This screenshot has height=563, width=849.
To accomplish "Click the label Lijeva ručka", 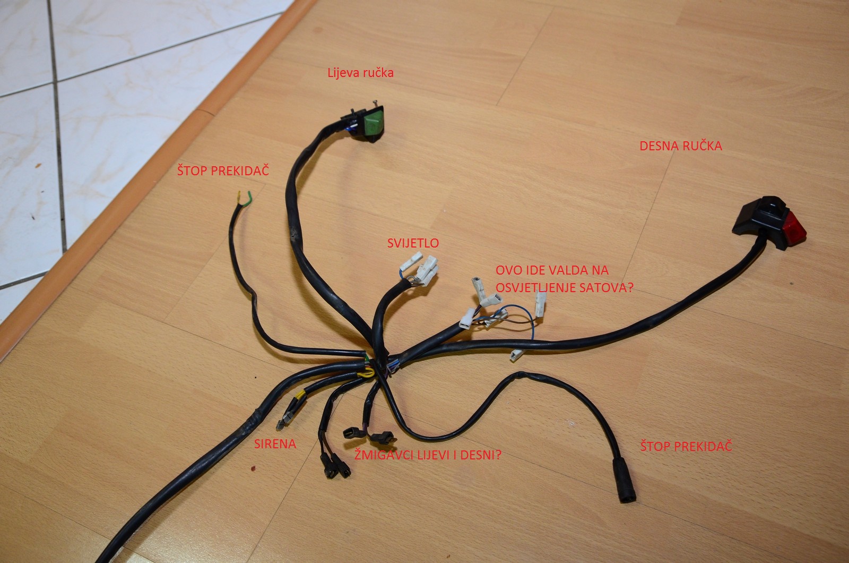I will (x=361, y=73).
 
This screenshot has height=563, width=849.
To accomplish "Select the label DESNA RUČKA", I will (x=681, y=146).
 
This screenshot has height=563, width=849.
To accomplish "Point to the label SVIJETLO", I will (x=413, y=243).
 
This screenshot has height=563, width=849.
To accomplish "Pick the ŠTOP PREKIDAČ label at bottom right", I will (x=686, y=446).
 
